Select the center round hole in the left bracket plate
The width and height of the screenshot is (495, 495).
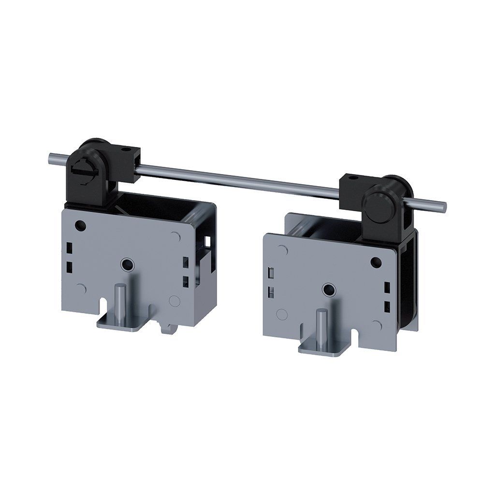pyautogui.click(x=127, y=264)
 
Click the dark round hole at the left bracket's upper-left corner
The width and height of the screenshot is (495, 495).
pyautogui.click(x=81, y=225)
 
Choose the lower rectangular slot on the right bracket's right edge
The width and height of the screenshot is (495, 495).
pyautogui.click(x=387, y=306)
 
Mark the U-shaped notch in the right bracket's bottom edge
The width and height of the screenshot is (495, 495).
pyautogui.click(x=358, y=335)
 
